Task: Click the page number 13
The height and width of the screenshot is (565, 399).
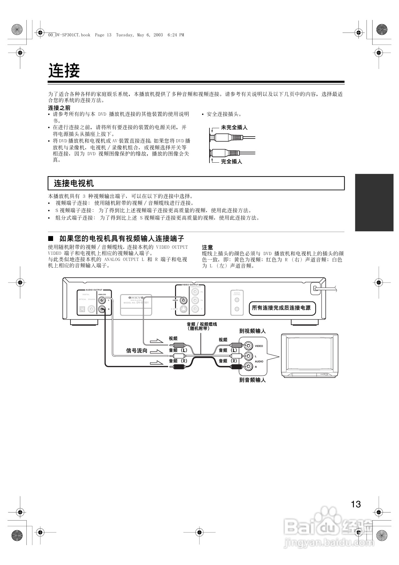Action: click(356, 504)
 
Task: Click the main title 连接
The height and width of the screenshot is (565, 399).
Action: click(64, 71)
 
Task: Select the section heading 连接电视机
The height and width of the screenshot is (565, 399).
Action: click(74, 183)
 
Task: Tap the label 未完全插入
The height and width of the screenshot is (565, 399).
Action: click(234, 128)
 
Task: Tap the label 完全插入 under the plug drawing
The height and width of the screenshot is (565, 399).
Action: click(231, 161)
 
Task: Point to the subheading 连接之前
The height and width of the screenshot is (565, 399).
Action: click(59, 108)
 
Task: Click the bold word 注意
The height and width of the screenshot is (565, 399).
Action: click(207, 247)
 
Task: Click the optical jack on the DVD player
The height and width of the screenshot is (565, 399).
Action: click(82, 310)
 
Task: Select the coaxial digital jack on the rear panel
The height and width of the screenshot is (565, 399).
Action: click(91, 310)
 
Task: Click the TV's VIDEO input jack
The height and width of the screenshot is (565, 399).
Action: click(248, 346)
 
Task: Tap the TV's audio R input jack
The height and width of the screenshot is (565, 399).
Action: click(248, 366)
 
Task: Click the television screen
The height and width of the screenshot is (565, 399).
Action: click(310, 353)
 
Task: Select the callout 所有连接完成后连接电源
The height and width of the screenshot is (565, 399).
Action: click(281, 308)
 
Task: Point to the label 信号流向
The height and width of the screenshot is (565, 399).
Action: click(137, 351)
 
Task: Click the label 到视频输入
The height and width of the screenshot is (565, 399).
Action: click(252, 331)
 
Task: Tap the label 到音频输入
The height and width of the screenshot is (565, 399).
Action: click(252, 380)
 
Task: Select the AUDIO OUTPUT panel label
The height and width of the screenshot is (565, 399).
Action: click(94, 290)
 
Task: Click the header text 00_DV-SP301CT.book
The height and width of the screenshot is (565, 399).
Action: click(69, 35)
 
